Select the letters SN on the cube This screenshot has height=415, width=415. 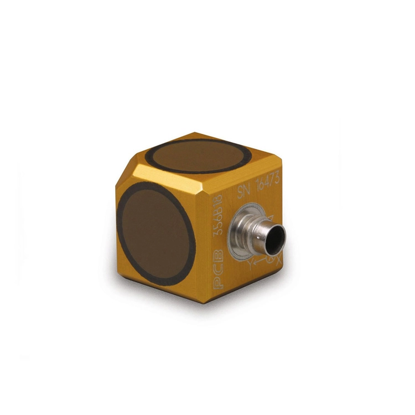click(x=243, y=191)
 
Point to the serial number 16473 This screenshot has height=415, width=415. click(x=268, y=183)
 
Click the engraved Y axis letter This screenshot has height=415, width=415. click(x=250, y=264)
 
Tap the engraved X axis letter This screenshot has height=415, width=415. click(x=279, y=261)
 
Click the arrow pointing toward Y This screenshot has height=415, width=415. click(x=261, y=261)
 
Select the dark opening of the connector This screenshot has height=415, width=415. click(x=275, y=238)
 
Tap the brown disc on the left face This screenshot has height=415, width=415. click(x=155, y=234)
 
